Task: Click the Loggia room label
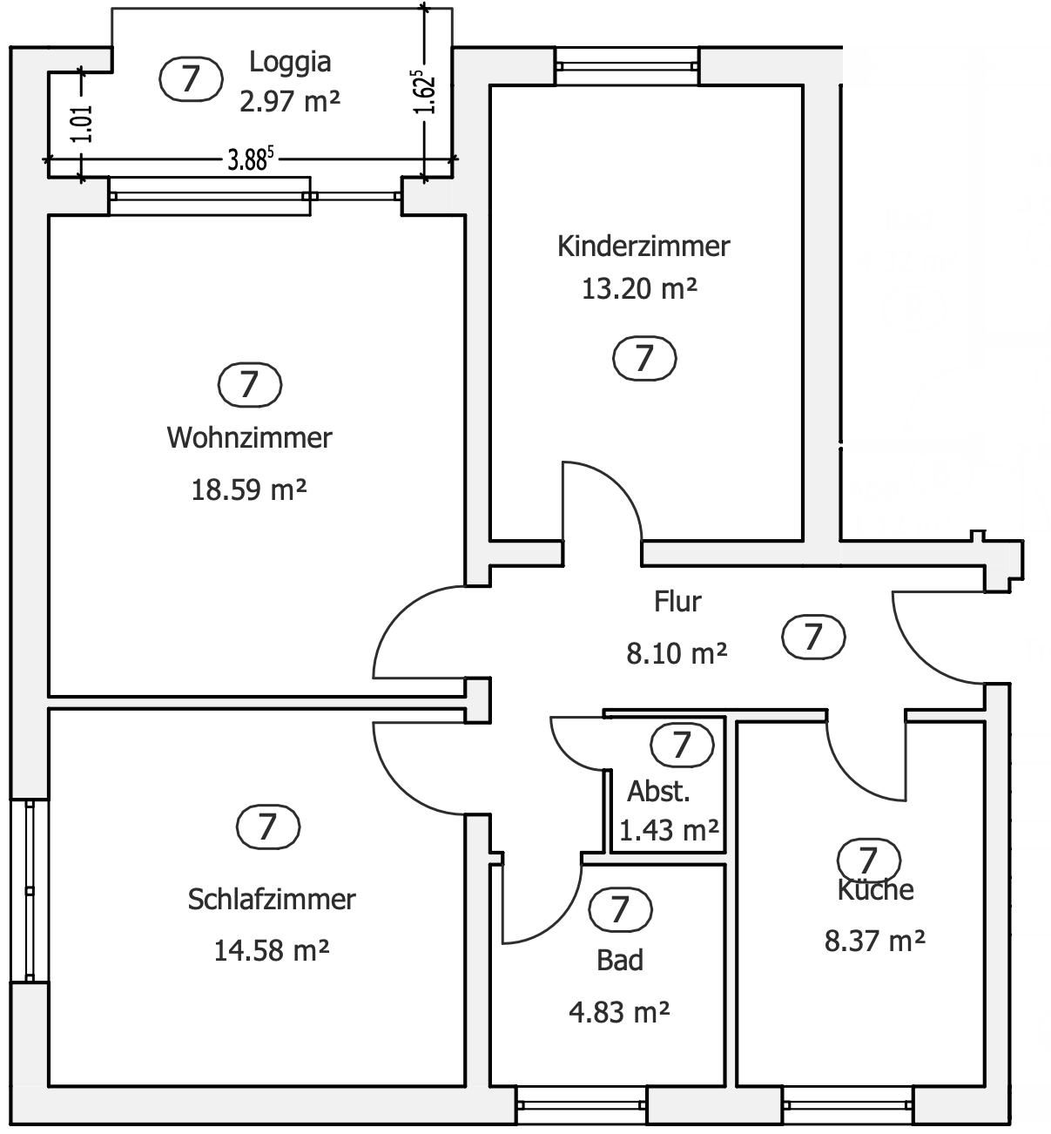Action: coord(290,63)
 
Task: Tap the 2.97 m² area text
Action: coord(290,102)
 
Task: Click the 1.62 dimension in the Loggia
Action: coord(425,92)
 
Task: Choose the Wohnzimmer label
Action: coord(249,438)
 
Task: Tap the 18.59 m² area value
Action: coord(249,489)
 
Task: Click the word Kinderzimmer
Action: coord(643,246)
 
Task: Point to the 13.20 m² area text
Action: coord(639,289)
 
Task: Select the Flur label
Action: coord(677,602)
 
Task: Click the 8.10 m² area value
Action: coord(677,653)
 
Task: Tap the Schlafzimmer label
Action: coord(272,900)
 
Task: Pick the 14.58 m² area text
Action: coord(272,951)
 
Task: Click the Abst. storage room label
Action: coord(659,792)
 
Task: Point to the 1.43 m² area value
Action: coord(669,831)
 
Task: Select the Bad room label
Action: coord(620,961)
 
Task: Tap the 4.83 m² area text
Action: coord(619,1012)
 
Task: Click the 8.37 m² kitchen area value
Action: coord(874,941)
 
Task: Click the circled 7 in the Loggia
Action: coord(191,78)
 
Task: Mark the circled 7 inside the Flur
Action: coord(813,637)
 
